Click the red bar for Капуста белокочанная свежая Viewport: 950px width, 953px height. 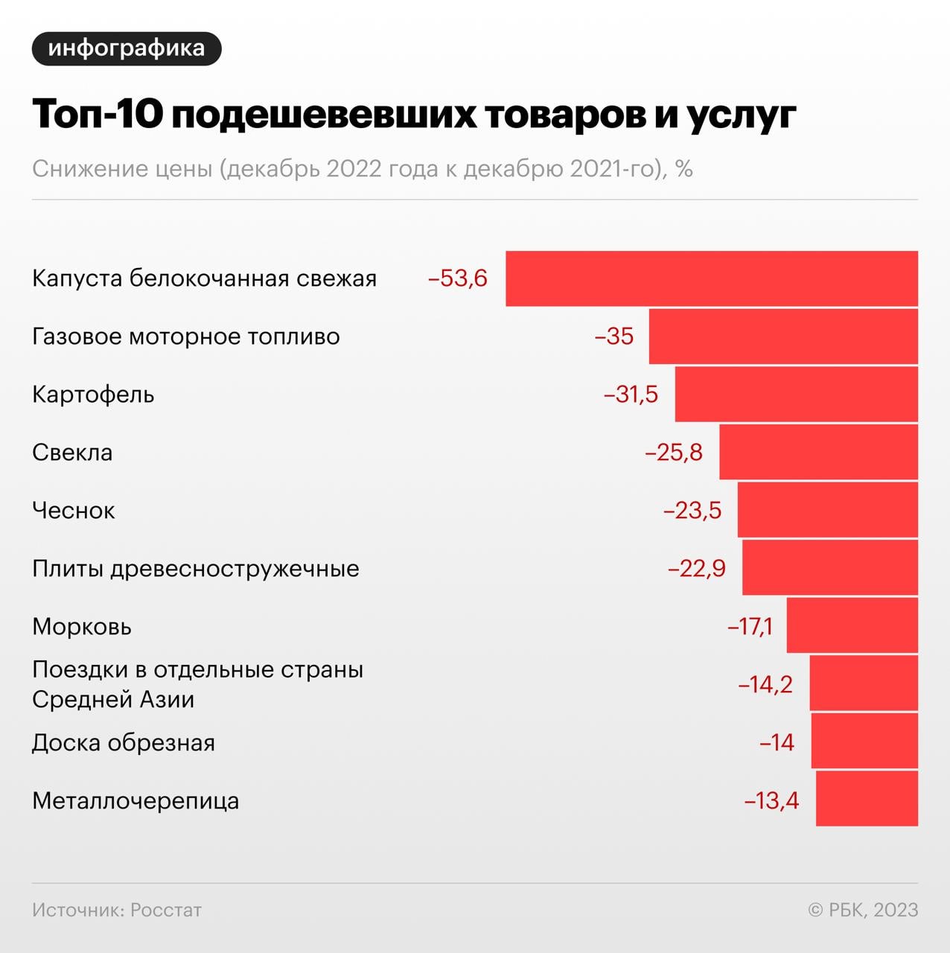pyautogui.click(x=711, y=278)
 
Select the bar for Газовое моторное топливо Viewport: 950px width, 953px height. pyautogui.click(x=782, y=337)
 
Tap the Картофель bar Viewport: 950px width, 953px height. pyautogui.click(x=796, y=395)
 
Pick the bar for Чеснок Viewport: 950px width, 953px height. pyautogui.click(x=827, y=511)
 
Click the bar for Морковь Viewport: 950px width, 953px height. pyautogui.click(x=852, y=626)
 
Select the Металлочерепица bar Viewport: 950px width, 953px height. pyautogui.click(x=867, y=799)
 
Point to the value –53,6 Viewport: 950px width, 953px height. pyautogui.click(x=458, y=278)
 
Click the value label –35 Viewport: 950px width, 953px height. pyautogui.click(x=614, y=337)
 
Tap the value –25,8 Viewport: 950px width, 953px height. pyautogui.click(x=674, y=453)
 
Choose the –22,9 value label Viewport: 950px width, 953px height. pyautogui.click(x=697, y=569)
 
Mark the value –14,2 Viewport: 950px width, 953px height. pyautogui.click(x=765, y=684)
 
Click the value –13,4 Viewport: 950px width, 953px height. pyautogui.click(x=771, y=801)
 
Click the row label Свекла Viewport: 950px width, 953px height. pyautogui.click(x=72, y=453)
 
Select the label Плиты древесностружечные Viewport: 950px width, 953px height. pyautogui.click(x=196, y=569)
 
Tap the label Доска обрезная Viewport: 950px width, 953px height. pyautogui.click(x=124, y=743)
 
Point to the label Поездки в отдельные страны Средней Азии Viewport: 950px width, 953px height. pyautogui.click(x=197, y=684)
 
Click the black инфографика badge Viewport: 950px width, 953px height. pyautogui.click(x=127, y=48)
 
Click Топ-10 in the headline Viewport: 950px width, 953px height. pyautogui.click(x=98, y=115)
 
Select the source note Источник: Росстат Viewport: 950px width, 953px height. pyautogui.click(x=117, y=910)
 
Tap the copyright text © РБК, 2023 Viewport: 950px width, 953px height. pyautogui.click(x=863, y=910)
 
